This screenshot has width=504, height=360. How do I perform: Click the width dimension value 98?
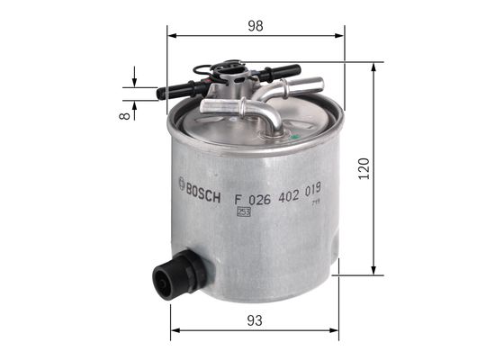click(256, 26)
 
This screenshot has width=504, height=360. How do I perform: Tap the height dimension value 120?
click(363, 168)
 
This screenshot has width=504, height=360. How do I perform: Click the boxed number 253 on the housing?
click(243, 211)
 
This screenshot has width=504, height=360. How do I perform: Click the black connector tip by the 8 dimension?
click(162, 92)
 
